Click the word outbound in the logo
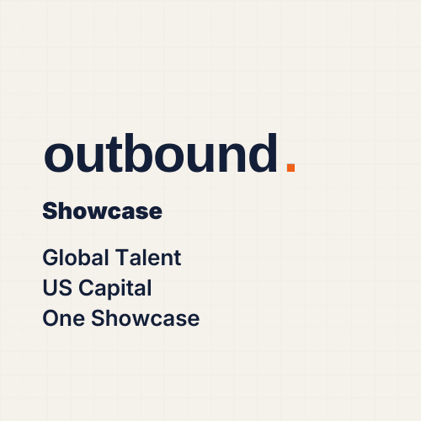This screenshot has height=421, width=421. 160,154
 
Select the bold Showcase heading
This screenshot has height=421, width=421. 102,211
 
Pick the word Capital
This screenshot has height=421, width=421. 114,289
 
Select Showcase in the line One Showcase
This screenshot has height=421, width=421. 144,318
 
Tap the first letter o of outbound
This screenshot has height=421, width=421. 60,158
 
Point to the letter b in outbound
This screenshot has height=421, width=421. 152,154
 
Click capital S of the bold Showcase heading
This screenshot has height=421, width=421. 50,211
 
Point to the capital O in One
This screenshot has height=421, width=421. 51,318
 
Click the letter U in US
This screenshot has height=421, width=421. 50,288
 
